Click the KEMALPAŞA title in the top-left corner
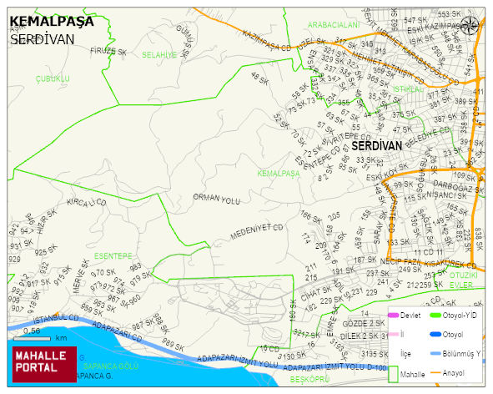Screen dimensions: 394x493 click(52, 22)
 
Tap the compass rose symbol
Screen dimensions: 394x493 click(470, 25)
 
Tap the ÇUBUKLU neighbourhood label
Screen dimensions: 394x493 click(53, 78)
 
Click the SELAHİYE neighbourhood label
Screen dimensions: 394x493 click(159, 54)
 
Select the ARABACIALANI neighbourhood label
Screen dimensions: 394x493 click(333, 26)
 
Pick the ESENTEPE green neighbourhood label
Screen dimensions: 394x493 click(113, 255)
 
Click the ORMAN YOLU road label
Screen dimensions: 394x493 click(216, 199)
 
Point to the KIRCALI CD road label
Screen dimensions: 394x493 click(87, 203)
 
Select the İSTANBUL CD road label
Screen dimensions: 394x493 click(55, 318)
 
